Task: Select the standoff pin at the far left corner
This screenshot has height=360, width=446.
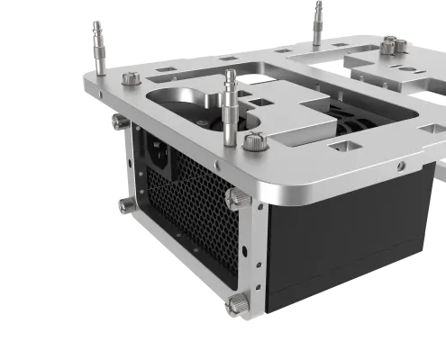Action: (96, 41)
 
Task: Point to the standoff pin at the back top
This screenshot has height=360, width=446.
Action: (316, 20)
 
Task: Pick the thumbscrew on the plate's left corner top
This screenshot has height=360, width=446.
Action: (127, 79)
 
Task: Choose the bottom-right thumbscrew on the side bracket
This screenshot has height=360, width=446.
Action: (238, 303)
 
